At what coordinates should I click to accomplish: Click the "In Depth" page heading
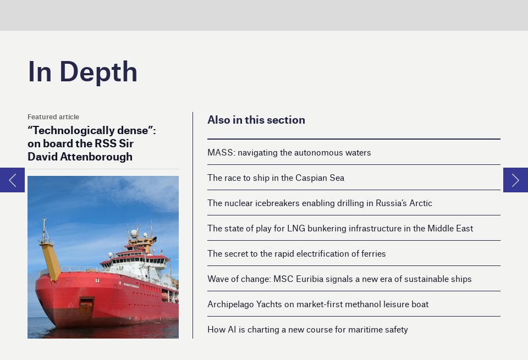coord(82,72)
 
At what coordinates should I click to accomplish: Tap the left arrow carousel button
coord(12,180)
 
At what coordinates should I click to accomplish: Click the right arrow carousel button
coord(515,180)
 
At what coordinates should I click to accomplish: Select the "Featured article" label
coord(53,117)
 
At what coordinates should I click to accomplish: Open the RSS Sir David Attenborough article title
coord(91,143)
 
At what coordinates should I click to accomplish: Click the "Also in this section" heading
coord(256,120)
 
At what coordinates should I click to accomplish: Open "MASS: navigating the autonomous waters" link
coord(289,153)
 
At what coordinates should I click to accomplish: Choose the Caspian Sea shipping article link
coord(276,178)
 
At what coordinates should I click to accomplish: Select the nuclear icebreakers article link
coord(320,203)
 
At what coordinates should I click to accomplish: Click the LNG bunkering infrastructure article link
coord(340,229)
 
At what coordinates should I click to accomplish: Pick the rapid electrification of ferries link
coord(296,254)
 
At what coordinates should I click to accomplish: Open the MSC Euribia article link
coord(339,279)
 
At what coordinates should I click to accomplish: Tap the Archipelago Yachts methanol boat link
coord(317,304)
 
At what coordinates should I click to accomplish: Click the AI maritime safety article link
coord(307,330)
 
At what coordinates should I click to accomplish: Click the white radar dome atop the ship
coord(134,234)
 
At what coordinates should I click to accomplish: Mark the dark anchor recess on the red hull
coord(86,302)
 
